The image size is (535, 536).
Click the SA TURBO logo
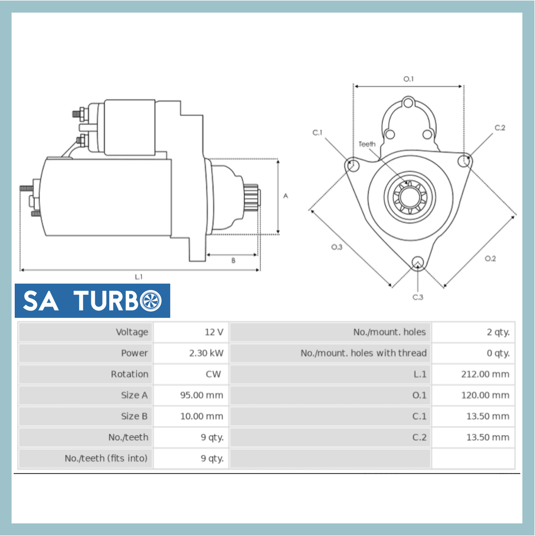(x=92, y=301)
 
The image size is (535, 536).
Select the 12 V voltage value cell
(x=214, y=332)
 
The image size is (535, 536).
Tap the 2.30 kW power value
(x=206, y=353)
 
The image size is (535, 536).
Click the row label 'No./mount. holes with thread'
(x=363, y=353)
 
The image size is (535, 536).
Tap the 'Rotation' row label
(x=129, y=374)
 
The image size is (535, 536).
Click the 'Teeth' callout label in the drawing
(x=367, y=144)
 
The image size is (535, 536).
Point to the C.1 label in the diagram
(x=317, y=132)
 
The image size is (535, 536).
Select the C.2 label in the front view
(x=499, y=128)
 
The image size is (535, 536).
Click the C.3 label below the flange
(x=417, y=297)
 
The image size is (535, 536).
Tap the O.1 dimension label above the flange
(x=408, y=79)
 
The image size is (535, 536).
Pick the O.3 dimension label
(x=336, y=247)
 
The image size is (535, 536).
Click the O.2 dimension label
(x=490, y=258)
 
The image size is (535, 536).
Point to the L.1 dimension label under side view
(x=139, y=276)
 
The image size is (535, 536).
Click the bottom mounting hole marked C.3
(x=417, y=262)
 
